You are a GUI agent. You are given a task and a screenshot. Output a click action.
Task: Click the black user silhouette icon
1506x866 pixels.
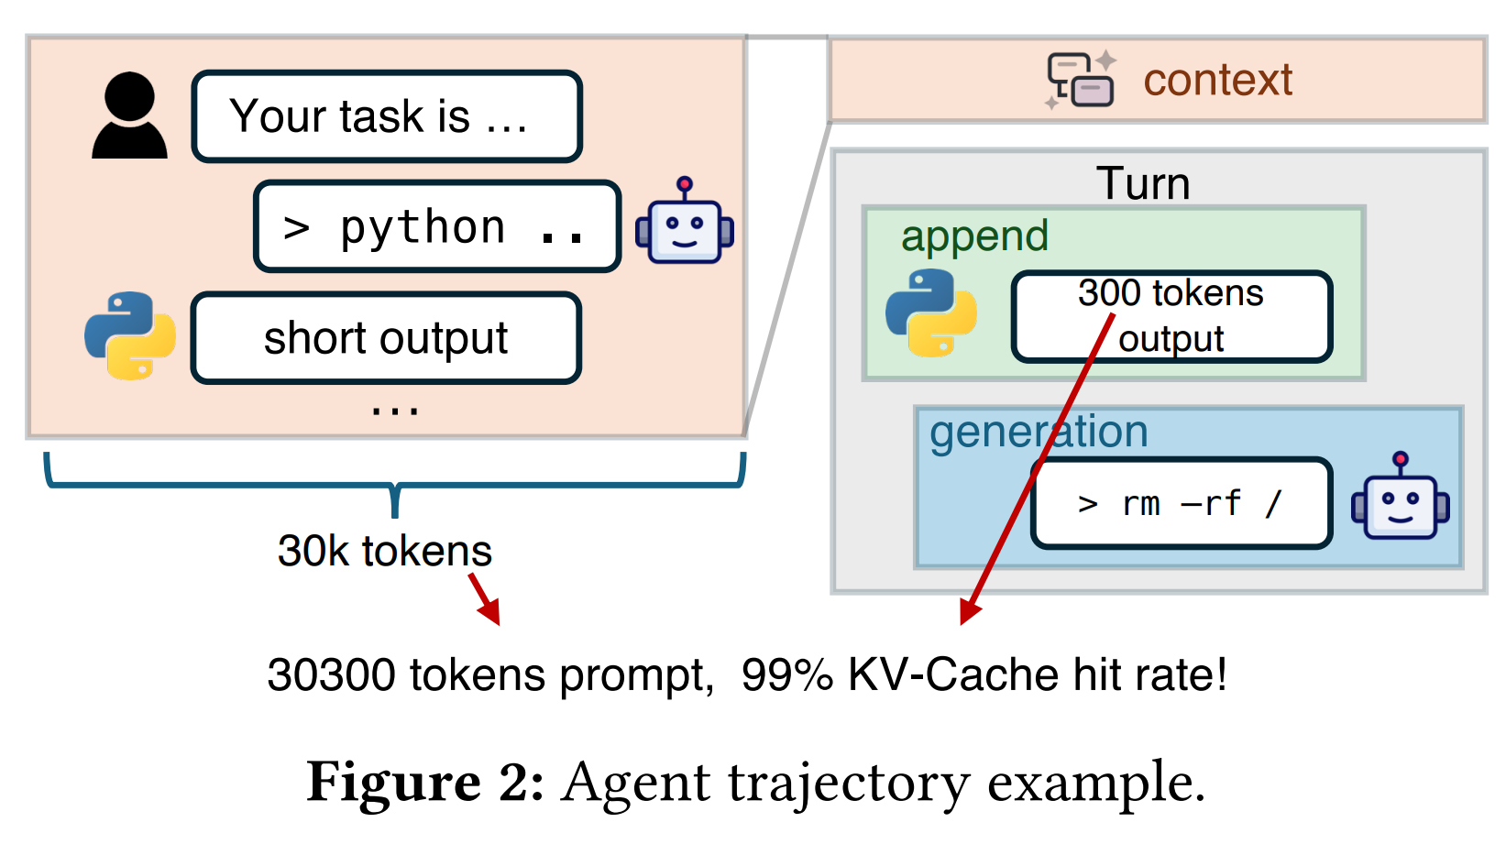point(129,115)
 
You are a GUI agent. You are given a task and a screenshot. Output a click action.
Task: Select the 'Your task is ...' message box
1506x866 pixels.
point(387,116)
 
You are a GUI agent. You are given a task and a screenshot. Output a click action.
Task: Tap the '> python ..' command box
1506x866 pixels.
point(437,226)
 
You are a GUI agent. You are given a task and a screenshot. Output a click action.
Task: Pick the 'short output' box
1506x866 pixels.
point(386,338)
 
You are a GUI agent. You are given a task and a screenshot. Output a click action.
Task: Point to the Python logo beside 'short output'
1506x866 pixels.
point(129,335)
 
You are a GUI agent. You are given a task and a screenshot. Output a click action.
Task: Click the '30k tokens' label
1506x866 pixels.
point(385,551)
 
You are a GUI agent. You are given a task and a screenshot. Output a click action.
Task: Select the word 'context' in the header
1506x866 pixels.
point(1217,80)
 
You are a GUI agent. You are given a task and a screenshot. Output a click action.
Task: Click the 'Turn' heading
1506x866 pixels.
point(1143,183)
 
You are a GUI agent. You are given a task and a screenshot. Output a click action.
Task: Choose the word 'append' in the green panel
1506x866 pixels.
point(974,236)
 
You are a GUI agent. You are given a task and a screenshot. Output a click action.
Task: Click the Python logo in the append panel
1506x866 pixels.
point(930,312)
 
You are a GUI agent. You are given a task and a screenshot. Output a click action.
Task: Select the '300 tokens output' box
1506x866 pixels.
point(1171,316)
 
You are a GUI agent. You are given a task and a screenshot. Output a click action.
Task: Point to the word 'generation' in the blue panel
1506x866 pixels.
point(1039,432)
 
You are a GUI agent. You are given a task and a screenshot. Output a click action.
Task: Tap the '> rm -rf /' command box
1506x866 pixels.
point(1182,503)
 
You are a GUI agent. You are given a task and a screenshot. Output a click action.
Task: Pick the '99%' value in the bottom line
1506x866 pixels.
point(787,675)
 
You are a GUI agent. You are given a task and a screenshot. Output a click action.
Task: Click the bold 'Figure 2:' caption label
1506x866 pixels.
point(425,784)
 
